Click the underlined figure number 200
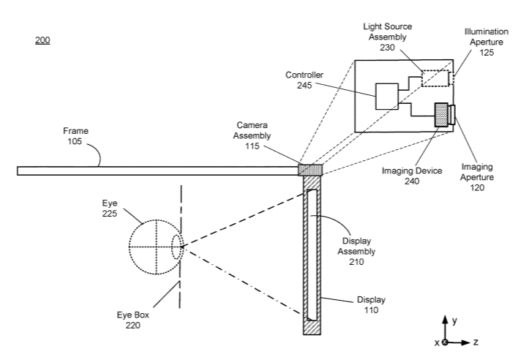click(x=42, y=40)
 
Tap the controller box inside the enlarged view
click(x=387, y=97)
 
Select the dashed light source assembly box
click(x=435, y=78)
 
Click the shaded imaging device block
click(x=441, y=115)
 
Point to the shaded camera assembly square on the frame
click(x=310, y=170)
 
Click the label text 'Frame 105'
click(x=75, y=136)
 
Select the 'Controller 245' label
click(x=304, y=80)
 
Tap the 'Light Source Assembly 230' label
click(x=388, y=37)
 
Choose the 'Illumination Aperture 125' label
click(x=487, y=42)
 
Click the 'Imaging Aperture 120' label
click(x=477, y=177)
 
